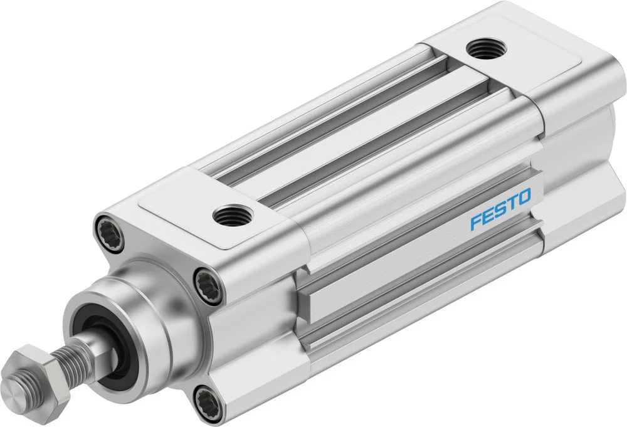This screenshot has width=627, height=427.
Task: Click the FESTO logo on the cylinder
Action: [x=500, y=209]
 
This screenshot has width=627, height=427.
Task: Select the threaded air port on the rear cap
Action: [x=487, y=49]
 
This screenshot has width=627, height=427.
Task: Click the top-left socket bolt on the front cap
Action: [x=109, y=233]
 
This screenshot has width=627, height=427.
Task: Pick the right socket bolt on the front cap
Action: [x=208, y=286]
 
